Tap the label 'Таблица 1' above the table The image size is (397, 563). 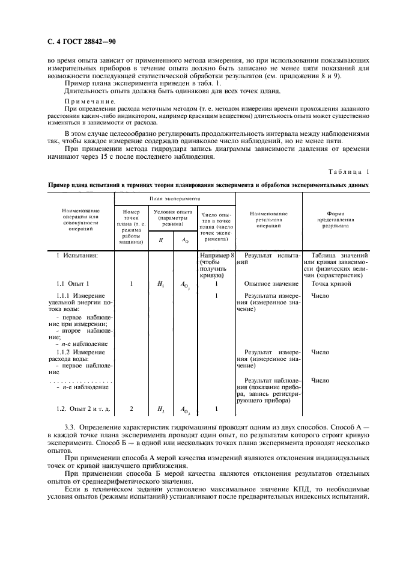tap(348, 171)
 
